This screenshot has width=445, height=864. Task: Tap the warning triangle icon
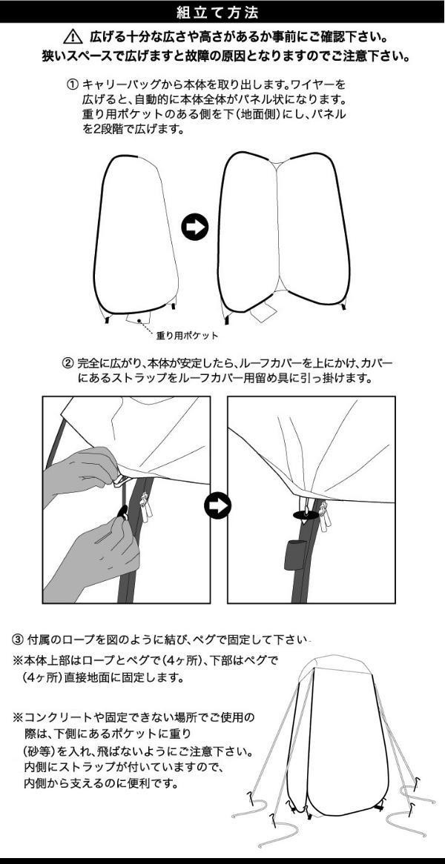coord(73,38)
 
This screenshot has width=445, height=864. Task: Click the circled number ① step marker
coord(73,85)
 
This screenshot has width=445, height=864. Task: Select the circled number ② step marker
coord(67,364)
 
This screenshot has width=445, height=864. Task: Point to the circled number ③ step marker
coord(19,639)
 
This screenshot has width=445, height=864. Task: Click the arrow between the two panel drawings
coord(194,227)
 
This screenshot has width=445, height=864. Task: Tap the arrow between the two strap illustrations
coord(218,505)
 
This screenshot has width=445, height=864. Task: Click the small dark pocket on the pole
coord(295,556)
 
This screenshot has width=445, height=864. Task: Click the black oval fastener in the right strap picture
coord(305,514)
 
